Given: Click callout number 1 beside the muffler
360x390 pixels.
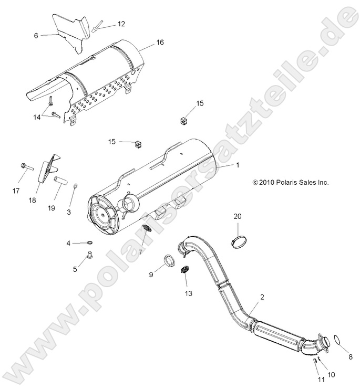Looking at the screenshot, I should click(237, 165).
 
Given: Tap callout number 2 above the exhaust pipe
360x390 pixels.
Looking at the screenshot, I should click(262, 297).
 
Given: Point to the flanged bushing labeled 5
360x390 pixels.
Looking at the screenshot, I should click(90, 257).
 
